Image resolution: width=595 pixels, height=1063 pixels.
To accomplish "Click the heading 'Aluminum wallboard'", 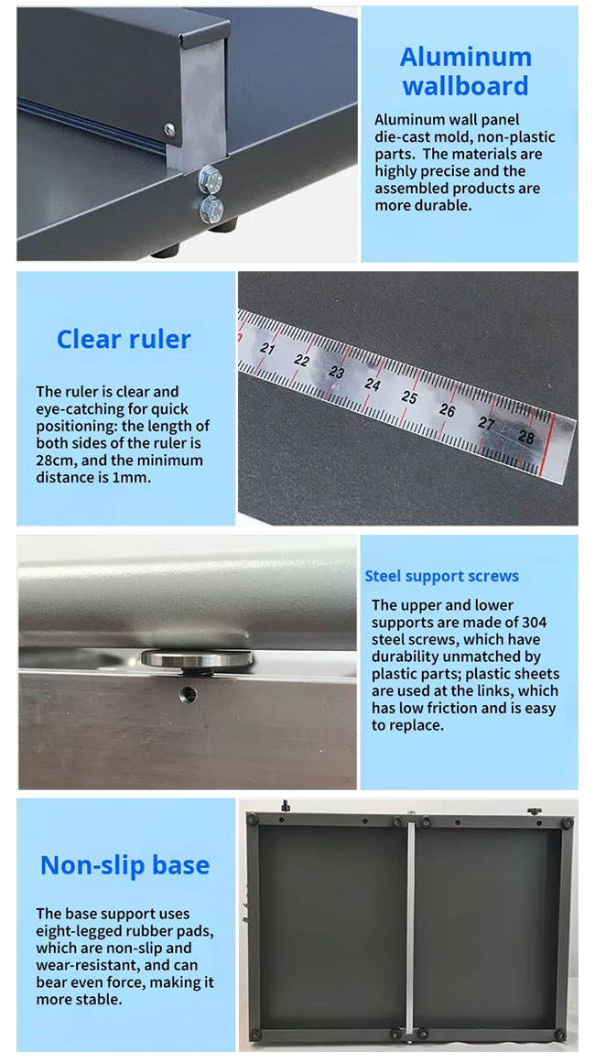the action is (x=466, y=71).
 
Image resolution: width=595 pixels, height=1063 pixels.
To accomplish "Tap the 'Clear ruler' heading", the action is (x=124, y=339).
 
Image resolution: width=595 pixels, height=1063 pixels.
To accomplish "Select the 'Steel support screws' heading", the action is (x=442, y=576).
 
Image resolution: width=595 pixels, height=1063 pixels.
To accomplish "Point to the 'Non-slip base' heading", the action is (x=124, y=865).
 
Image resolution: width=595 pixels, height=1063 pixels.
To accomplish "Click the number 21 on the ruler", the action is (x=267, y=349).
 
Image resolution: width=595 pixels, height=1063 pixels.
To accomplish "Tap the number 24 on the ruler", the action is (x=372, y=384).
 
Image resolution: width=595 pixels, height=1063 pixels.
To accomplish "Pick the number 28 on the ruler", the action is (x=525, y=437).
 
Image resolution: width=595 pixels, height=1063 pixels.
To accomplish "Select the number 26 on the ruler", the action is (x=448, y=410).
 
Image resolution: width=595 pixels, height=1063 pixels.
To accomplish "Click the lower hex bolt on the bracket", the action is (x=211, y=210).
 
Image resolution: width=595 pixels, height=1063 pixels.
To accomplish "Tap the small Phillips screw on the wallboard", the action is (x=169, y=129).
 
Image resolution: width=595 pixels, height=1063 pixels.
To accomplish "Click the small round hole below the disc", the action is (x=189, y=694).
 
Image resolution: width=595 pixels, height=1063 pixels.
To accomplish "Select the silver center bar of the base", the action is (x=410, y=926).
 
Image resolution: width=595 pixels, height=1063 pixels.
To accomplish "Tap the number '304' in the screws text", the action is (x=534, y=623).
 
